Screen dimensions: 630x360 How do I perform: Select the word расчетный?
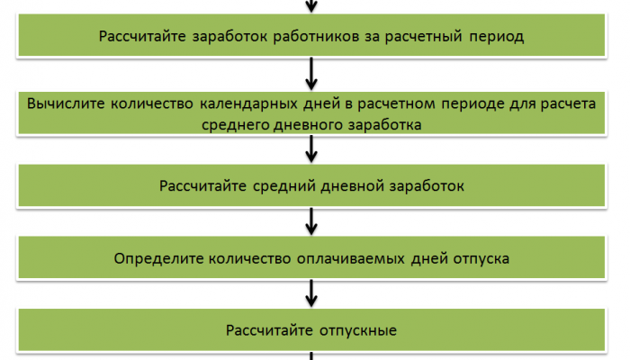pyautogui.click(x=424, y=37)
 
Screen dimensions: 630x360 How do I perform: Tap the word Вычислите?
pyautogui.click(x=66, y=103)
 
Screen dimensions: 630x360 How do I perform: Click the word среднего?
pyautogui.click(x=235, y=125)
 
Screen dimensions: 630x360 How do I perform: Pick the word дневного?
pyautogui.click(x=308, y=125)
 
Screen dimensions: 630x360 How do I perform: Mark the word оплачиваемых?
pyautogui.click(x=350, y=259)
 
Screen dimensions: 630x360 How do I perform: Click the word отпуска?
pyautogui.click(x=481, y=259)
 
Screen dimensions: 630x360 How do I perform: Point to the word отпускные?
pyautogui.click(x=358, y=330)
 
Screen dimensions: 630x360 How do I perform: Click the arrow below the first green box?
pyautogui.click(x=311, y=74)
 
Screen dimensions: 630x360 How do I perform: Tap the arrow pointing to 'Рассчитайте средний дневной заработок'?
pyautogui.click(x=311, y=148)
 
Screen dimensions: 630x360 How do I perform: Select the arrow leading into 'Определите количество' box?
pyautogui.click(x=311, y=221)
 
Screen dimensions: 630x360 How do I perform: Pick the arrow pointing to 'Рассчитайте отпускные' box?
pyautogui.click(x=311, y=293)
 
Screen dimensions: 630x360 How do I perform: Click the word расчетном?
pyautogui.click(x=396, y=103)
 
